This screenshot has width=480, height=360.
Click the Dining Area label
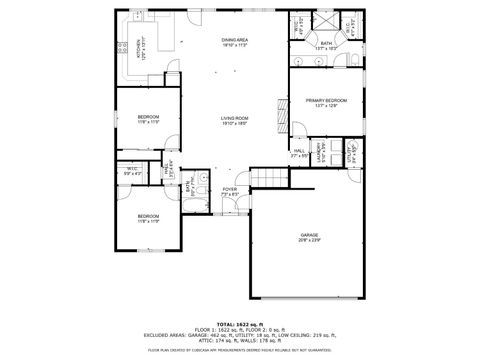[234, 42]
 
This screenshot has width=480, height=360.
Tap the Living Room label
[234, 121]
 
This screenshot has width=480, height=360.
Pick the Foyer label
[230, 191]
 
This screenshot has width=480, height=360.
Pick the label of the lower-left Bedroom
[147, 218]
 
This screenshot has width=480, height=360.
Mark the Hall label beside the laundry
[298, 153]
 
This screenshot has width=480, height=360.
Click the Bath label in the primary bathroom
[326, 45]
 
